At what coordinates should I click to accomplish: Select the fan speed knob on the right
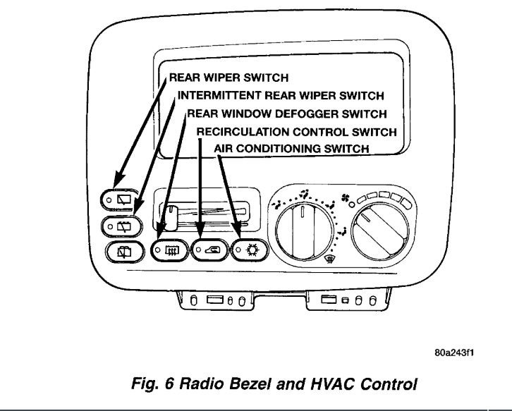click(x=381, y=227)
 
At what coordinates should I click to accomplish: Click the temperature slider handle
click(x=169, y=209)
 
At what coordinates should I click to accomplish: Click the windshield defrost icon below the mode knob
click(x=327, y=259)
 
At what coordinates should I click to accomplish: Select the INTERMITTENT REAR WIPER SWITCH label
click(x=281, y=96)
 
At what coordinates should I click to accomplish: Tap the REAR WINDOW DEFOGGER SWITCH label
click(x=287, y=114)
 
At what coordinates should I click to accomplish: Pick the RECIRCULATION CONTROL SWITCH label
click(x=296, y=132)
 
